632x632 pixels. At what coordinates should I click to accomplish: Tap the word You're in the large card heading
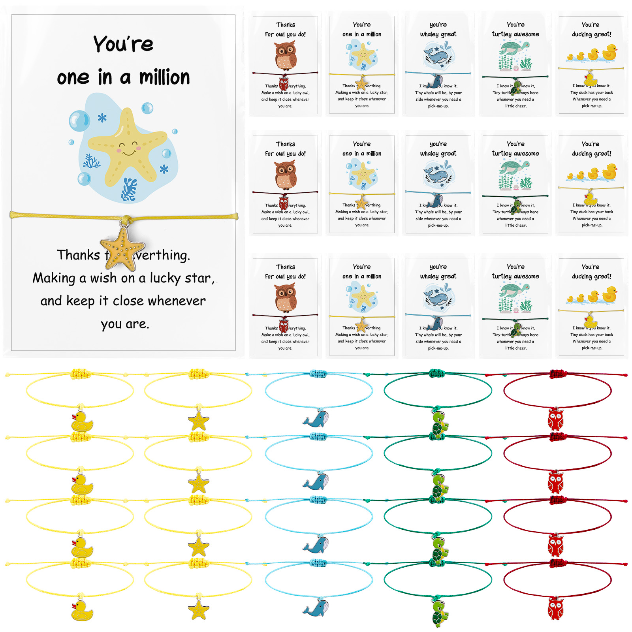point(123,44)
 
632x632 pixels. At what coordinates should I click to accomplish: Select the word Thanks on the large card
point(78,255)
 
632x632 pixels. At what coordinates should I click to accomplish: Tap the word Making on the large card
point(54,278)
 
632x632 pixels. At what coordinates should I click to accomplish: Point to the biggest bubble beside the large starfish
point(79,120)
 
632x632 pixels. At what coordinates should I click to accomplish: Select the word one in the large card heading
point(73,77)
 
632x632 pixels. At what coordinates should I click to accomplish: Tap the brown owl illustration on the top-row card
point(286,56)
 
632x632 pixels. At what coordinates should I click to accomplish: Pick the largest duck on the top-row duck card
point(610,53)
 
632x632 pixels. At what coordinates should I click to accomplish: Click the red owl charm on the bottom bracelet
point(555,609)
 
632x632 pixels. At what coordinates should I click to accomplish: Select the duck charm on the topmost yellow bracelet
point(82,421)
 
